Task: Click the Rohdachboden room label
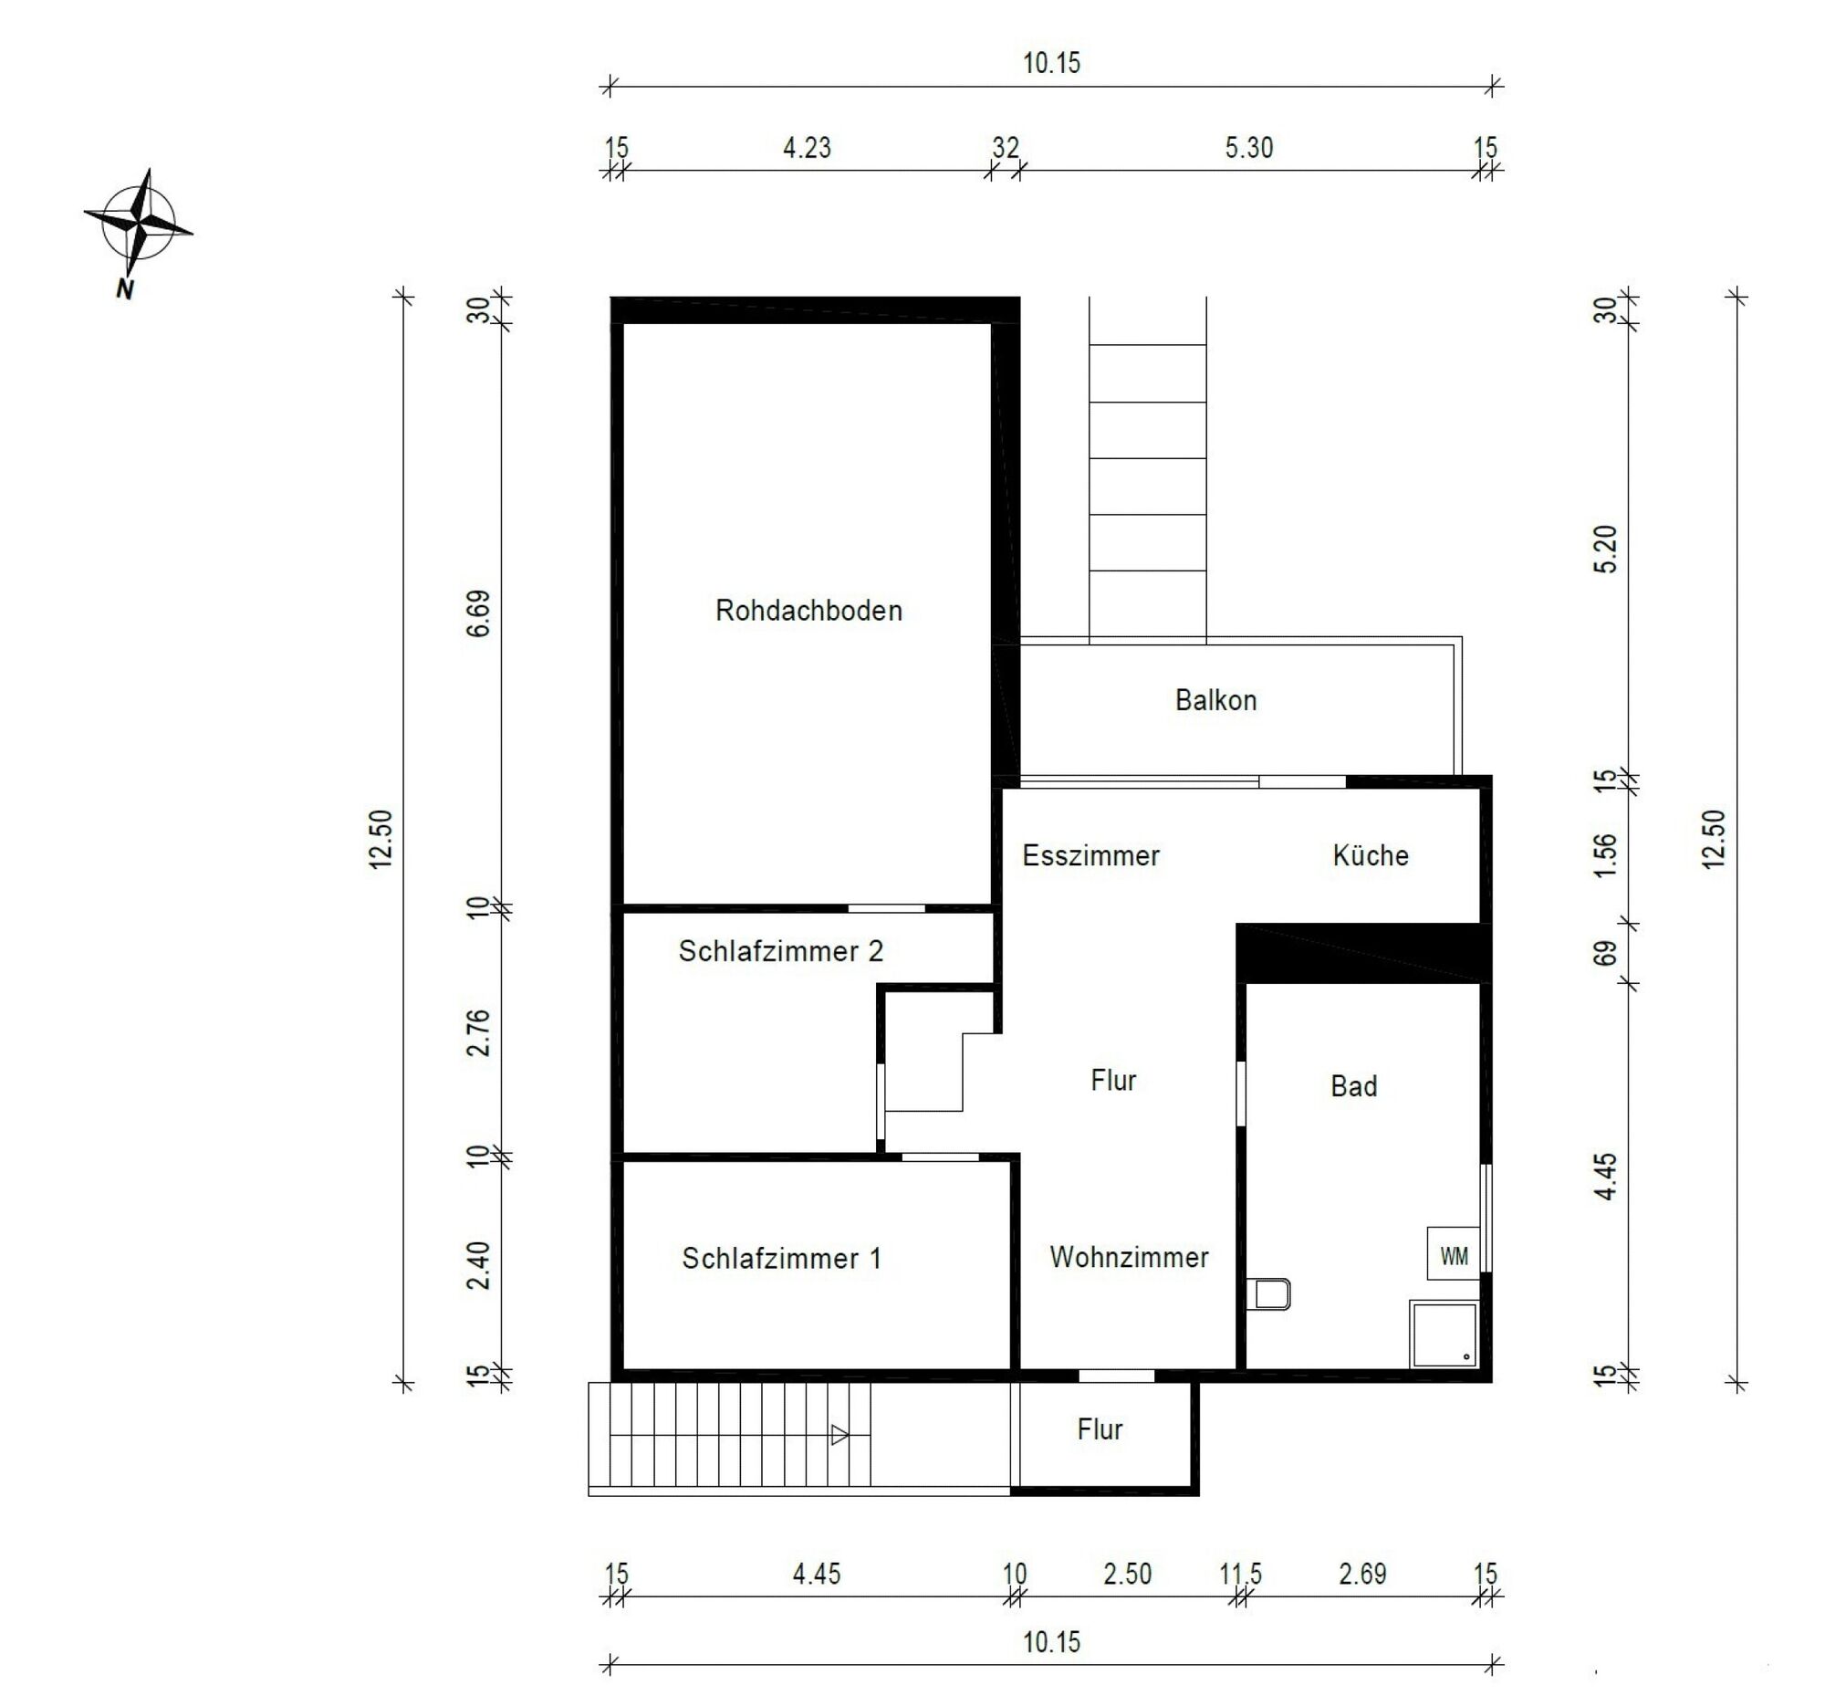coord(808,611)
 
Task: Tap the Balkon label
coord(1215,701)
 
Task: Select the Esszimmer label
coord(1090,856)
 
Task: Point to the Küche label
coord(1370,856)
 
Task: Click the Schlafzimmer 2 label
coord(780,951)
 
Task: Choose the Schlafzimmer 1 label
coord(780,1258)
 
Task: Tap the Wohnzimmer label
coord(1128,1257)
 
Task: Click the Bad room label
coord(1353,1086)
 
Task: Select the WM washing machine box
coord(1454,1255)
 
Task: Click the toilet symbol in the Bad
coord(1271,1293)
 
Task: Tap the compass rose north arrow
coord(139,224)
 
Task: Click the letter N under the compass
coord(125,289)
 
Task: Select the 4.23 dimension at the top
coord(806,148)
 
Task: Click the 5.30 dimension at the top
coord(1248,148)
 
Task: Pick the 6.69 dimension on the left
coord(478,613)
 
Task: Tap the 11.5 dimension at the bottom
coord(1240,1574)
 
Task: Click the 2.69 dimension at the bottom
coord(1362,1574)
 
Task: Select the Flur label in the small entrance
coord(1100,1429)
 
